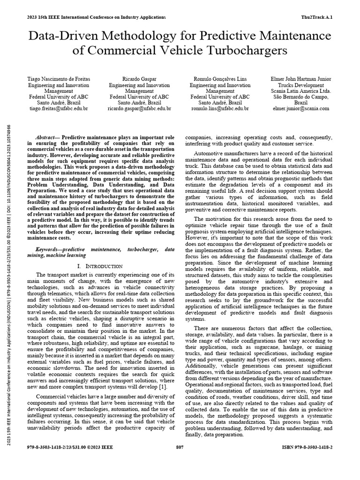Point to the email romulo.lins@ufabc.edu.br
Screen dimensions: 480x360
(x=220, y=109)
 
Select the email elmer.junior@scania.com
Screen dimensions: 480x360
(x=301, y=109)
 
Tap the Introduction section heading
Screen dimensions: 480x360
(x=100, y=266)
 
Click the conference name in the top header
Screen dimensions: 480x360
(x=97, y=17)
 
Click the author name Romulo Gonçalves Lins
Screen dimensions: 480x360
(x=220, y=79)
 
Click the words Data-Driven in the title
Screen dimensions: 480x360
(x=73, y=36)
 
